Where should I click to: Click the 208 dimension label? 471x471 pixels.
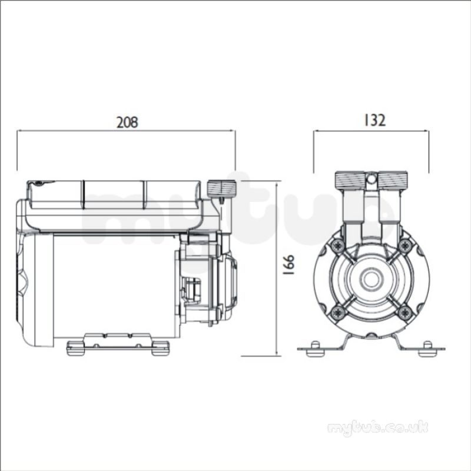pyautogui.click(x=127, y=122)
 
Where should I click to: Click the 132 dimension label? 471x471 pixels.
pyautogui.click(x=374, y=120)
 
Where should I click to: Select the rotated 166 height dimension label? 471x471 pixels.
pyautogui.click(x=288, y=266)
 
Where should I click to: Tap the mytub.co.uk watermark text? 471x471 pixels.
pyautogui.click(x=377, y=428)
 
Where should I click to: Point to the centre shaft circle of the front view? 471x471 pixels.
pyautogui.click(x=372, y=279)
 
